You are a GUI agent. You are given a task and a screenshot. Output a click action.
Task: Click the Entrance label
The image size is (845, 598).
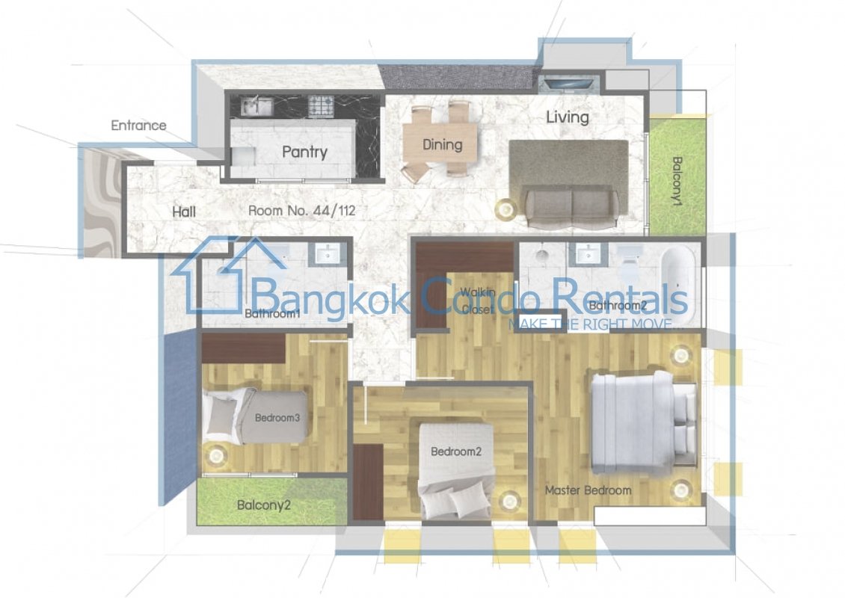(x=138, y=126)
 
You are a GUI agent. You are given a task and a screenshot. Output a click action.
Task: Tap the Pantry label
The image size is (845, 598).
(x=304, y=152)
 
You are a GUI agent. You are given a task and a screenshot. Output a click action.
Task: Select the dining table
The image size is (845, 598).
(x=443, y=144)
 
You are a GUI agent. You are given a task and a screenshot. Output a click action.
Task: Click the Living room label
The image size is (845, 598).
(x=567, y=117)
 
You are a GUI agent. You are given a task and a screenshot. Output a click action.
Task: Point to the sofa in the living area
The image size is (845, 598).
(x=571, y=208)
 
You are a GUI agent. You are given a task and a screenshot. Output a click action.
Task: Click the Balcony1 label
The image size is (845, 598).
(x=677, y=180)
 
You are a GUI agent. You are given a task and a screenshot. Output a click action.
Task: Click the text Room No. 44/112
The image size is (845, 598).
(x=302, y=210)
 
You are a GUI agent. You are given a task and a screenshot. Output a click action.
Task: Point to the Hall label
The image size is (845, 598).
(x=184, y=212)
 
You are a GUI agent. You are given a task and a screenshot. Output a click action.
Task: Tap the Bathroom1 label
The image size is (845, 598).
(x=272, y=313)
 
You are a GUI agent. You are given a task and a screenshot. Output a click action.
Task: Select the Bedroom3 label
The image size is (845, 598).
(x=277, y=418)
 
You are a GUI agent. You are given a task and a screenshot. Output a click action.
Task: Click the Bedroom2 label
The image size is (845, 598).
(x=456, y=451)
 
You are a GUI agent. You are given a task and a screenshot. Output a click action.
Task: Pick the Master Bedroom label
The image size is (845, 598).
(x=588, y=490)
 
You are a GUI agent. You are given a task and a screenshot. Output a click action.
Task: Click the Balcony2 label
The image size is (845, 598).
(x=263, y=505)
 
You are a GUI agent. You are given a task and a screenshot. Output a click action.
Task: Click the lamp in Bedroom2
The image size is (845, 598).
(x=508, y=502)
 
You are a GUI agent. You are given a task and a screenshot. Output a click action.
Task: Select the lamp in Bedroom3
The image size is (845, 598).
(x=217, y=455)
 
